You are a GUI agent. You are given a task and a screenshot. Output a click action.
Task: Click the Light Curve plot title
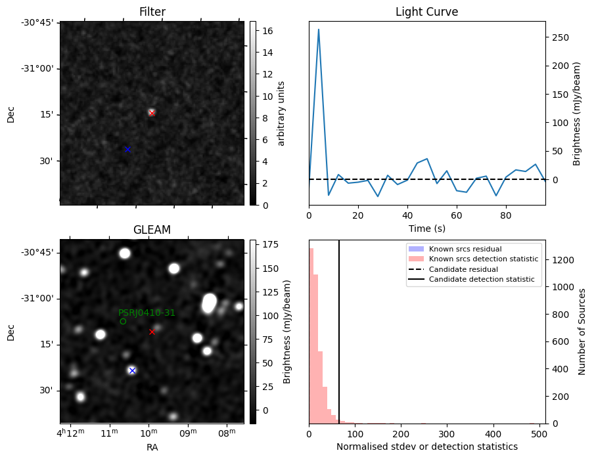coord(426,12)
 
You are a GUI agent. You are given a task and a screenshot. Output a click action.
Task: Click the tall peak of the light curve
coord(319,30)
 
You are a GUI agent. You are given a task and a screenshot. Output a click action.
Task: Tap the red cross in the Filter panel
coord(152,113)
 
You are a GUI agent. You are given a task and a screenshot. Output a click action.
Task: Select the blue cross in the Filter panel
coord(127,150)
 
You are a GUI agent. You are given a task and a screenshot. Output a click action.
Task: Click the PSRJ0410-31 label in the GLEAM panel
coord(147,313)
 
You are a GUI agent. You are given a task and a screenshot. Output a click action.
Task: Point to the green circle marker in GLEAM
coord(123,321)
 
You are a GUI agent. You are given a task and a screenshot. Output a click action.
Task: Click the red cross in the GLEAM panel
coord(152,332)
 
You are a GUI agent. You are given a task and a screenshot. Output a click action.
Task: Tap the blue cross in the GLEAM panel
coord(132,370)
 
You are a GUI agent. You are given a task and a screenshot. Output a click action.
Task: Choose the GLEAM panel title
coord(152,230)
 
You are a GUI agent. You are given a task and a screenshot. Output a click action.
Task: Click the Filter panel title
coord(152,12)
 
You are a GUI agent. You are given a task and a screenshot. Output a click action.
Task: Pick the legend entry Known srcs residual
coord(465,249)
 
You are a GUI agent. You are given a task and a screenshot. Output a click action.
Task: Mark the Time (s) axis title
coord(426,227)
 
